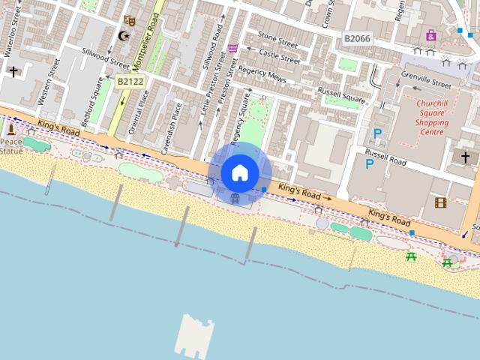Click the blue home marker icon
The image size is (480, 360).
[240, 173]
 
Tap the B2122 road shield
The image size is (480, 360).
[130, 80]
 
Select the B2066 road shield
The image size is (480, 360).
[358, 38]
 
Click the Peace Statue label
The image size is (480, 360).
[11, 145]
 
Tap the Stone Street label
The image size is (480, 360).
[277, 36]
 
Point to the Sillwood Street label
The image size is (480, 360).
[106, 57]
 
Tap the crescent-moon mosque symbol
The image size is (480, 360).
[125, 35]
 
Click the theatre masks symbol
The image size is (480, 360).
[129, 21]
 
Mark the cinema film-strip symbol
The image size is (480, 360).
[440, 202]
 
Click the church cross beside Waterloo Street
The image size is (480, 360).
[13, 72]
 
